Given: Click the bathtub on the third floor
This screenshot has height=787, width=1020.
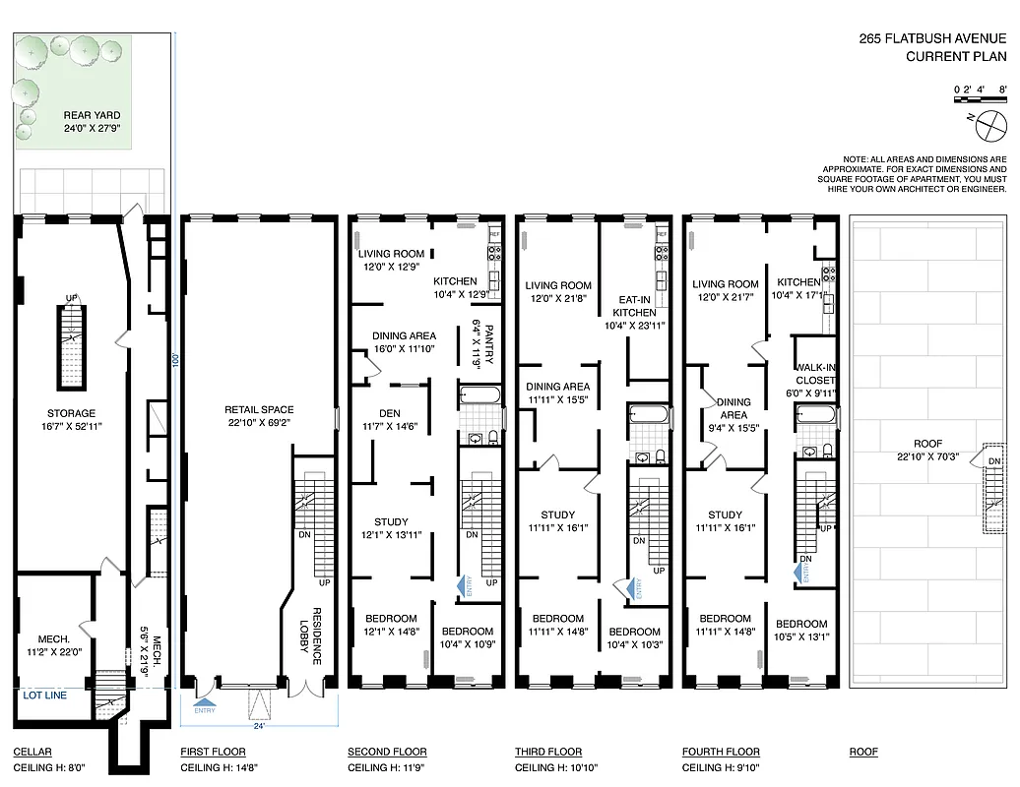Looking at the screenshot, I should pyautogui.click(x=649, y=416).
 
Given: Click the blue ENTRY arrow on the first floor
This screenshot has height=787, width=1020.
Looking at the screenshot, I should pyautogui.click(x=205, y=700).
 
